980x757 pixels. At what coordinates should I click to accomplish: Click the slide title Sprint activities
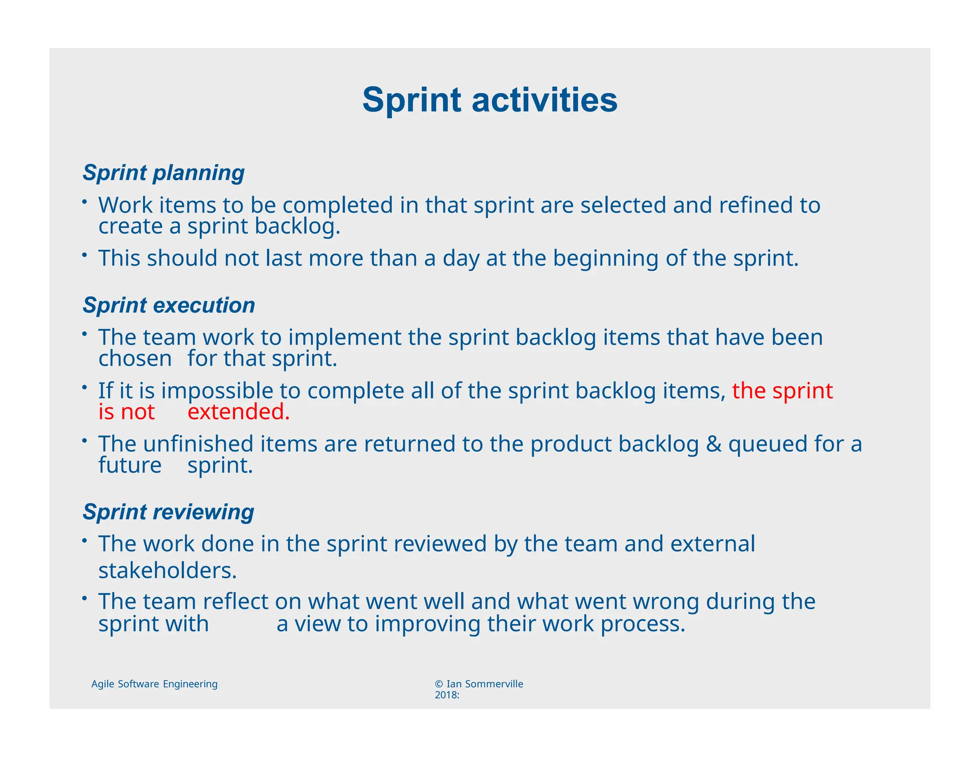coord(490,100)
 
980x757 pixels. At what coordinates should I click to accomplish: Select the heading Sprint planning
coord(163,173)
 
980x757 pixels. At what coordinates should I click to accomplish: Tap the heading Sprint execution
coord(168,305)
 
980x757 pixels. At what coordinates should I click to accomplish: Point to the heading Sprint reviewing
coord(168,512)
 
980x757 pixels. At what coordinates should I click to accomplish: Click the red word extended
coord(238,412)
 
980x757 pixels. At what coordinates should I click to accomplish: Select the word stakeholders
coord(167,570)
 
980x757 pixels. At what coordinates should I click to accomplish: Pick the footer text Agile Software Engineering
coord(154,684)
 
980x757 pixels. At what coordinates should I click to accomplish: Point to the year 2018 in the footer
coord(445,695)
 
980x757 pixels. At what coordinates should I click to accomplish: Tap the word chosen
coord(135,359)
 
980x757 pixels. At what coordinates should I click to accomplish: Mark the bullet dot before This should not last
coord(84,256)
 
